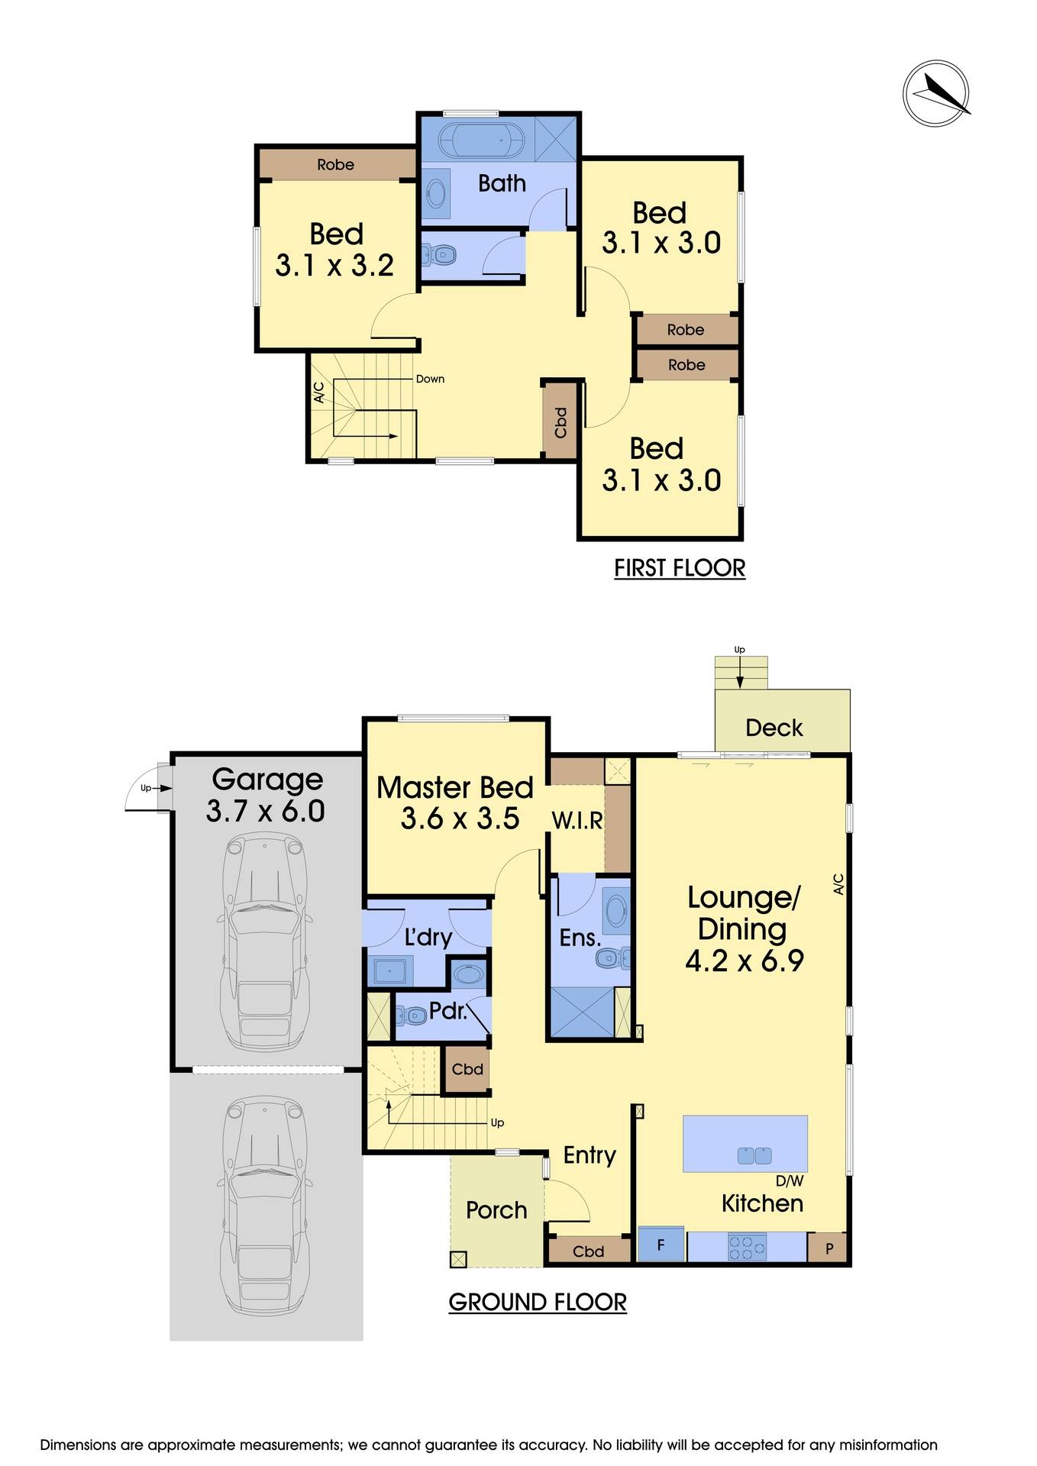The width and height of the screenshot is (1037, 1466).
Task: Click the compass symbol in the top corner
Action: point(936,93)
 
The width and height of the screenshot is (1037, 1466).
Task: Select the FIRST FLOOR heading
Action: point(680,568)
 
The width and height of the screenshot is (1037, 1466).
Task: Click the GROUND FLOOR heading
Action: point(537,1302)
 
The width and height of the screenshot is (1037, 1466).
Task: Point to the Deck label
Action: point(774,728)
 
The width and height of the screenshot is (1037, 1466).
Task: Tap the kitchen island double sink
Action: point(754,1156)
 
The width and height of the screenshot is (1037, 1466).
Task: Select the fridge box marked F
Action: point(661,1245)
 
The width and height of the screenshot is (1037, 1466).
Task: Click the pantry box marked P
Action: point(829,1249)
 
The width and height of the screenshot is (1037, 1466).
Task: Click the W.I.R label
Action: point(577,821)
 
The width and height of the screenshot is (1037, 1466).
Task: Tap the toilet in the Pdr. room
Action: point(412,1016)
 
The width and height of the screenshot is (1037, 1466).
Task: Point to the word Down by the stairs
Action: point(430,379)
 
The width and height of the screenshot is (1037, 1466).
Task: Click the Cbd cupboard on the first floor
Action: point(560,422)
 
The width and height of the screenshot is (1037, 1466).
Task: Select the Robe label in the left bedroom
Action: point(335,164)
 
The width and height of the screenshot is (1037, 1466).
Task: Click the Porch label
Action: point(496,1210)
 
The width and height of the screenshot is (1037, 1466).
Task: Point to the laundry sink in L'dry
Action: point(391,972)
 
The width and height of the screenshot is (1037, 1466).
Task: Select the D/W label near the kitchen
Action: point(790,1181)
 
